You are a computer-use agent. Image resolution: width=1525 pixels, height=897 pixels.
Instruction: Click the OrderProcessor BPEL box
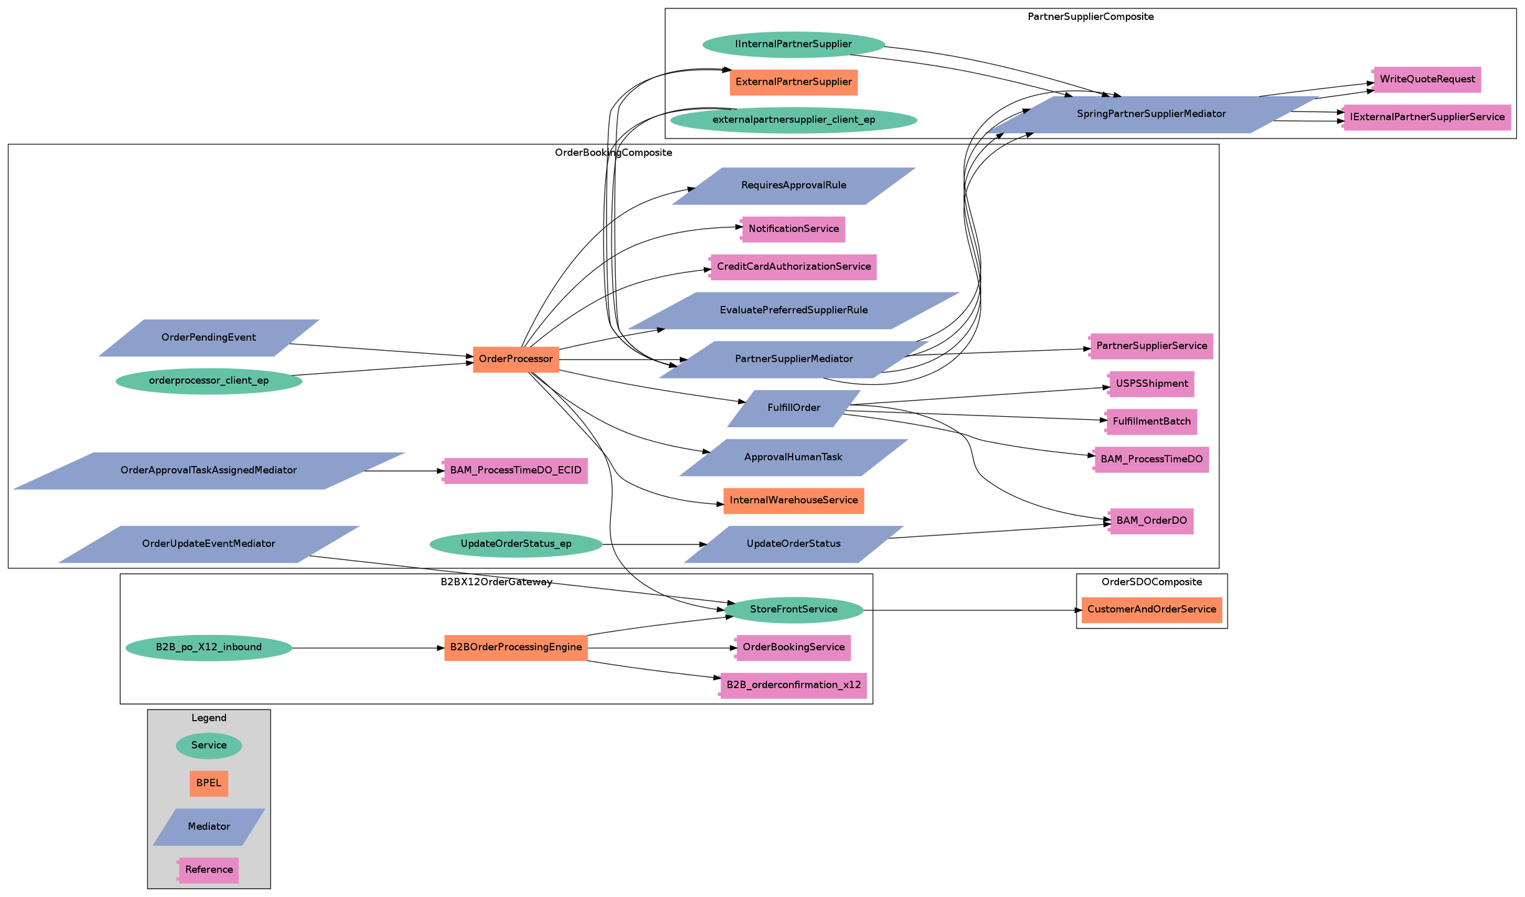click(516, 359)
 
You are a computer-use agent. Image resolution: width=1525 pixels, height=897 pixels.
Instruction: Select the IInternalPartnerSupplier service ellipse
click(793, 44)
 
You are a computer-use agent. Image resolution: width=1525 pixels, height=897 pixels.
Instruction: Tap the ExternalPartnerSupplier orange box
click(793, 82)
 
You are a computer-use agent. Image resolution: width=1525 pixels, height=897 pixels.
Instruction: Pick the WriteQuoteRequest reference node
click(1427, 80)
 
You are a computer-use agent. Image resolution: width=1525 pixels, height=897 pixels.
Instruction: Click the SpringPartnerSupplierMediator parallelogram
click(1151, 114)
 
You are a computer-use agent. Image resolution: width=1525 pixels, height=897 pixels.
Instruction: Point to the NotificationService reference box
click(793, 229)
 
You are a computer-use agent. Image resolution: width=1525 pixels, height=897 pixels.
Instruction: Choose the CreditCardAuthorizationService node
click(793, 267)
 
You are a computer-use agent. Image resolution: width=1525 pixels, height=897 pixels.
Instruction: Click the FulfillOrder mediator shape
click(793, 408)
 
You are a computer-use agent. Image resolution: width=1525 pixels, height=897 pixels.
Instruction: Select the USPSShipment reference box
click(1151, 384)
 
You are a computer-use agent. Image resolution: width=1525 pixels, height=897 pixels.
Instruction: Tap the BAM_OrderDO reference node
click(1151, 521)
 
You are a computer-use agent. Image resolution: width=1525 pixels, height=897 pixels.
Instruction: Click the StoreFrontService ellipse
click(793, 610)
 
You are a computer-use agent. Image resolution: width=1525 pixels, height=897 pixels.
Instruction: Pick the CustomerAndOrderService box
click(1151, 610)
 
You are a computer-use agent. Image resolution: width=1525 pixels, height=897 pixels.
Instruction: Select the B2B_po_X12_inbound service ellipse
click(209, 648)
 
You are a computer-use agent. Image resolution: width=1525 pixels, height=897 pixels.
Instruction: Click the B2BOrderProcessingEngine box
click(516, 648)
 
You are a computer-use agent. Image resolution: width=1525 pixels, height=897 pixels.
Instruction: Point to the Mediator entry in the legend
click(209, 827)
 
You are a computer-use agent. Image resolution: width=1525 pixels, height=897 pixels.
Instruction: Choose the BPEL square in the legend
click(209, 784)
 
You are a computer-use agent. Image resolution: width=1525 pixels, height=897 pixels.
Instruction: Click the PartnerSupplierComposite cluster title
click(1090, 17)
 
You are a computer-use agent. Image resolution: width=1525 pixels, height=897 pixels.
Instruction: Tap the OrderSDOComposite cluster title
click(1151, 582)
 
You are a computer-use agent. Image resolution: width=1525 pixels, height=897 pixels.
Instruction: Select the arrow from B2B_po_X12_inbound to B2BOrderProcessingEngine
click(367, 648)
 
